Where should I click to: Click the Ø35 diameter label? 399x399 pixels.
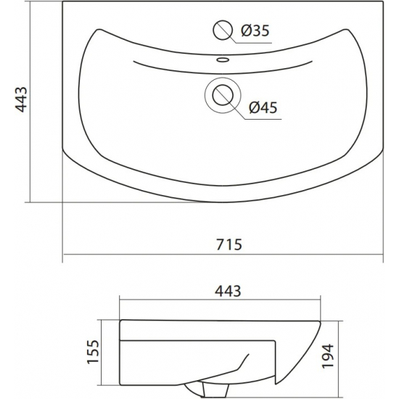pos(255,30)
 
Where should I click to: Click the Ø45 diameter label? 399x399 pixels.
pos(263,107)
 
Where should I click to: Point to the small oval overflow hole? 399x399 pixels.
pos(223,60)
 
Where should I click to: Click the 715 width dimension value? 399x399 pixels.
pos(229,244)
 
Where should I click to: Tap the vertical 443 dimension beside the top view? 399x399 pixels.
pos(21,99)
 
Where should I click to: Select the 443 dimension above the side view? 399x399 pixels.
pos(228,291)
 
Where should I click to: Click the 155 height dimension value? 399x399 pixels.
pos(93,352)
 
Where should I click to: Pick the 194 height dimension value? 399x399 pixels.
pos(328,355)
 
